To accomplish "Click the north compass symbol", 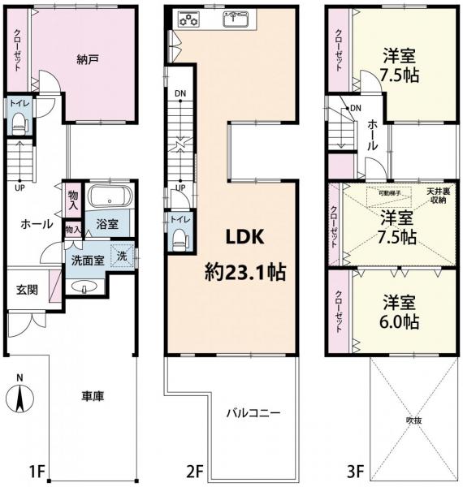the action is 19,398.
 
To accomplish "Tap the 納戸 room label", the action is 88,59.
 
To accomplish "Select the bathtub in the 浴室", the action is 110,196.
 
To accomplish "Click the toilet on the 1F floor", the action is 19,123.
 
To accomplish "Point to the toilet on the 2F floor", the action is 180,239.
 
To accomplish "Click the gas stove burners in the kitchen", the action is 188,19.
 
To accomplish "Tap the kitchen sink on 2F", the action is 236,19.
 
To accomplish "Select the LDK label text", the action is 244,237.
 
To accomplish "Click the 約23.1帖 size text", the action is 244,273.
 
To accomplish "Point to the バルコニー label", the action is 253,413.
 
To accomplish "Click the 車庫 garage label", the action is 93,396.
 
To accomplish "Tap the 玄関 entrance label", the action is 27,290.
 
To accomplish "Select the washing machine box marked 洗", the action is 123,256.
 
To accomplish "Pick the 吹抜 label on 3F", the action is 414,420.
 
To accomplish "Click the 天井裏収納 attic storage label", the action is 439,196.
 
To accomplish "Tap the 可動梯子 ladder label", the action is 389,193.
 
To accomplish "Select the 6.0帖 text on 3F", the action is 399,322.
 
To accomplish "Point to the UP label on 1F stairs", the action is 19,187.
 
